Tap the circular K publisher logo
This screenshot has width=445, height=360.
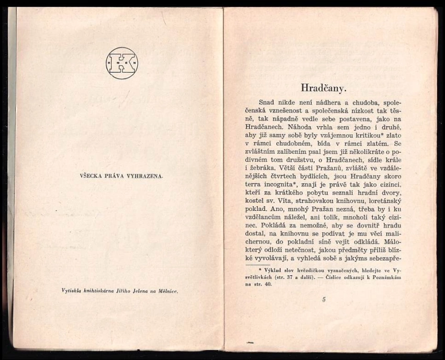(121, 63)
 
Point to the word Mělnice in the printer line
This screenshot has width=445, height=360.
(167, 291)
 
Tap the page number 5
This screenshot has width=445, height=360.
(324, 300)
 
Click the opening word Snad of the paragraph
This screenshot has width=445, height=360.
(266, 102)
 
